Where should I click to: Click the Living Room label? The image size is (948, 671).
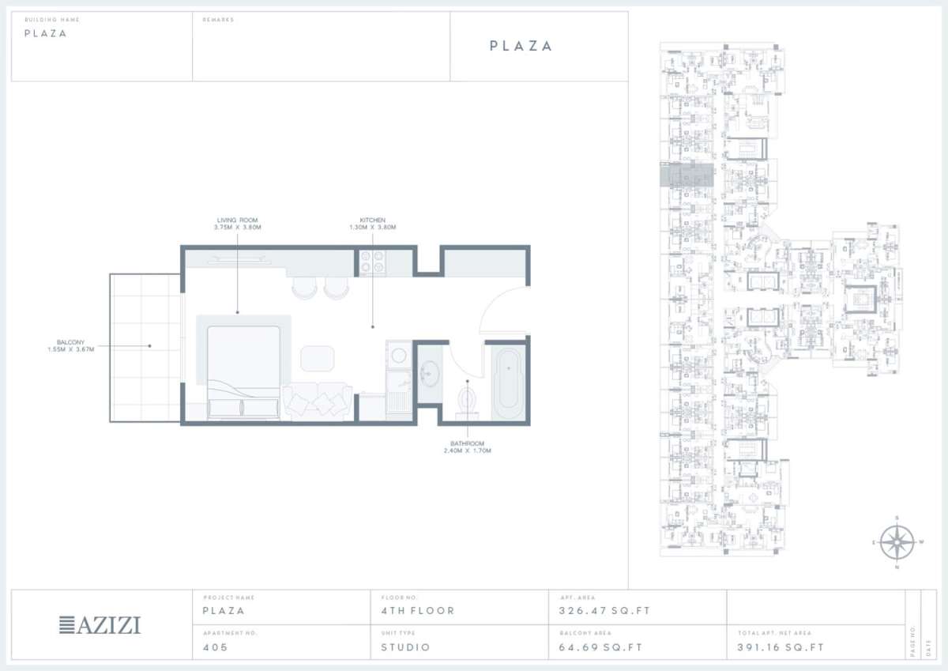(237, 220)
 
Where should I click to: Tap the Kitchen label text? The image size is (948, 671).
(372, 220)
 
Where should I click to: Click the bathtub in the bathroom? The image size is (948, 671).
(507, 383)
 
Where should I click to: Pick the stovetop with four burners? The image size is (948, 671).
(371, 262)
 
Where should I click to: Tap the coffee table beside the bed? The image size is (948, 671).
(318, 358)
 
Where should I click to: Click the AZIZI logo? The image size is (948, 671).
(100, 625)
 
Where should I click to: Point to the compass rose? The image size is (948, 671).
(897, 543)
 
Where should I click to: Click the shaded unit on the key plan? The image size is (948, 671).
(687, 176)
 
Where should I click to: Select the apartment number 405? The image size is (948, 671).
(215, 647)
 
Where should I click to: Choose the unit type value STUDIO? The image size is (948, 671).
(405, 647)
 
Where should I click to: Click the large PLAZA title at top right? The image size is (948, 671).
(521, 46)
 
